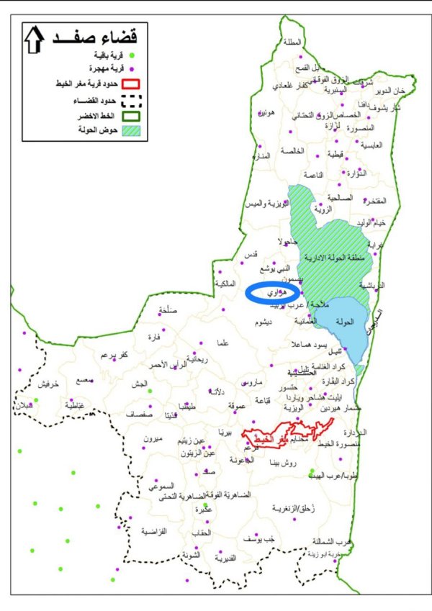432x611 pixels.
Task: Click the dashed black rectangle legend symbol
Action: [x=132, y=101]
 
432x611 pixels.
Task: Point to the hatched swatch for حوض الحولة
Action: [x=132, y=131]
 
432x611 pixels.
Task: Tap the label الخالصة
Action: [x=294, y=150]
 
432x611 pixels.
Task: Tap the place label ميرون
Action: [x=154, y=439]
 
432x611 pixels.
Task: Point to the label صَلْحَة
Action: [x=167, y=312]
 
